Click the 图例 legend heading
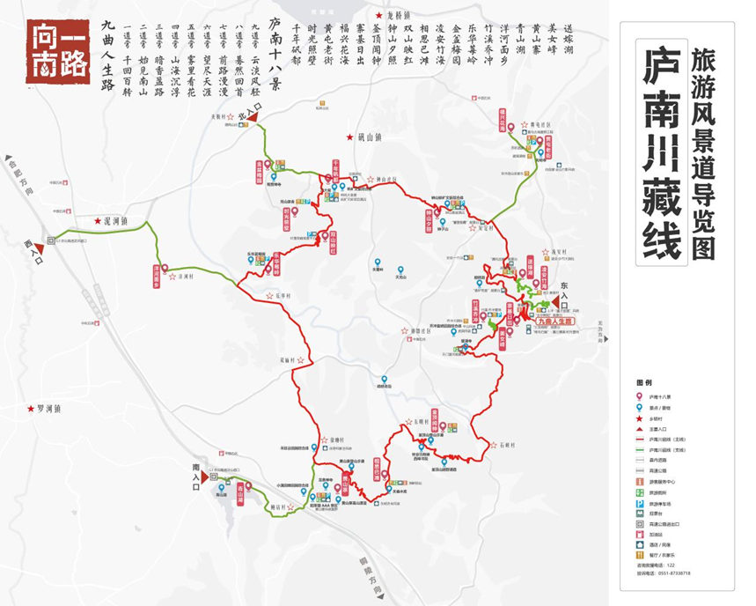click(x=646, y=383)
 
